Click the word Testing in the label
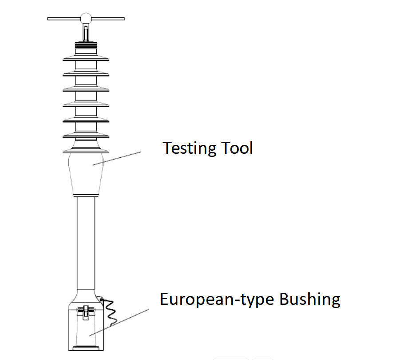pyautogui.click(x=189, y=148)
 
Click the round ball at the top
pyautogui.click(x=86, y=18)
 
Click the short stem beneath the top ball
pyautogui.click(x=86, y=32)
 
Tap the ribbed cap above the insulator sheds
pyautogui.click(x=86, y=45)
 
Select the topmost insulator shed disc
pyautogui.click(x=86, y=59)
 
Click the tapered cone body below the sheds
pyautogui.click(x=86, y=173)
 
